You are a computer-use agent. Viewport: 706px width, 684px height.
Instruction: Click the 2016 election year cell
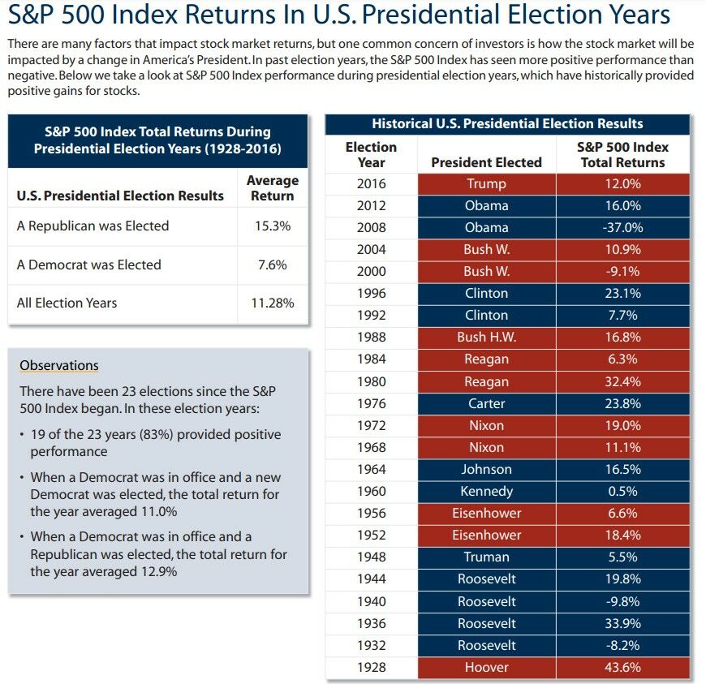pyautogui.click(x=371, y=183)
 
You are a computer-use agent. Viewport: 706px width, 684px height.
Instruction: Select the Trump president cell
pyautogui.click(x=486, y=183)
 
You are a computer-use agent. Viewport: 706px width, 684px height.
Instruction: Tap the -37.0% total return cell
pyautogui.click(x=622, y=227)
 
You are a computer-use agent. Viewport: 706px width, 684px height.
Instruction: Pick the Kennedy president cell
pyautogui.click(x=486, y=491)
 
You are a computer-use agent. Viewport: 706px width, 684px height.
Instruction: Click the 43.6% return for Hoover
pyautogui.click(x=622, y=667)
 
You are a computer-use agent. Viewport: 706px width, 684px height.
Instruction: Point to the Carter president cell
pyautogui.click(x=486, y=403)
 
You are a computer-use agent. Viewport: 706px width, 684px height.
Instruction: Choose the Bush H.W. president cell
pyautogui.click(x=486, y=337)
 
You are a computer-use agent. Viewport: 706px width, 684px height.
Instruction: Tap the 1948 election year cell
pyautogui.click(x=371, y=557)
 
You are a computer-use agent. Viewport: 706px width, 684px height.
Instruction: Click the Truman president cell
pyautogui.click(x=486, y=557)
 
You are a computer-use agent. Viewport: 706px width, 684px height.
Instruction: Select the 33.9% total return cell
pyautogui.click(x=622, y=623)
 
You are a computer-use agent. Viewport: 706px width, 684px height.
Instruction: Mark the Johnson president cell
pyautogui.click(x=486, y=469)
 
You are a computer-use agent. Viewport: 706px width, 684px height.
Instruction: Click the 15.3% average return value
pyautogui.click(x=272, y=226)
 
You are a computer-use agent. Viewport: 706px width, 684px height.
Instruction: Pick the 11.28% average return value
pyautogui.click(x=272, y=303)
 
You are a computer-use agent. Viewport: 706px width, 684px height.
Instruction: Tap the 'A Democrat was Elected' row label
pyautogui.click(x=89, y=265)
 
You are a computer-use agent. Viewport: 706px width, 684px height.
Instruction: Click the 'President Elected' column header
pyautogui.click(x=486, y=162)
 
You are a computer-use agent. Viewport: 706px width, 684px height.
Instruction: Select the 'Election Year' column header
pyautogui.click(x=371, y=154)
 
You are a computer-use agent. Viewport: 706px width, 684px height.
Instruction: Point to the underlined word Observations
pyautogui.click(x=59, y=365)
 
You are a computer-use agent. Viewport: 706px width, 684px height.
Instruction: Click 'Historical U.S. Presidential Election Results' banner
pyautogui.click(x=507, y=124)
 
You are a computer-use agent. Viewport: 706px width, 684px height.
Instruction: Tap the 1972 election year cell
pyautogui.click(x=371, y=425)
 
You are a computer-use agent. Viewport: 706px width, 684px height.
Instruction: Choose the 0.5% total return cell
pyautogui.click(x=622, y=491)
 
